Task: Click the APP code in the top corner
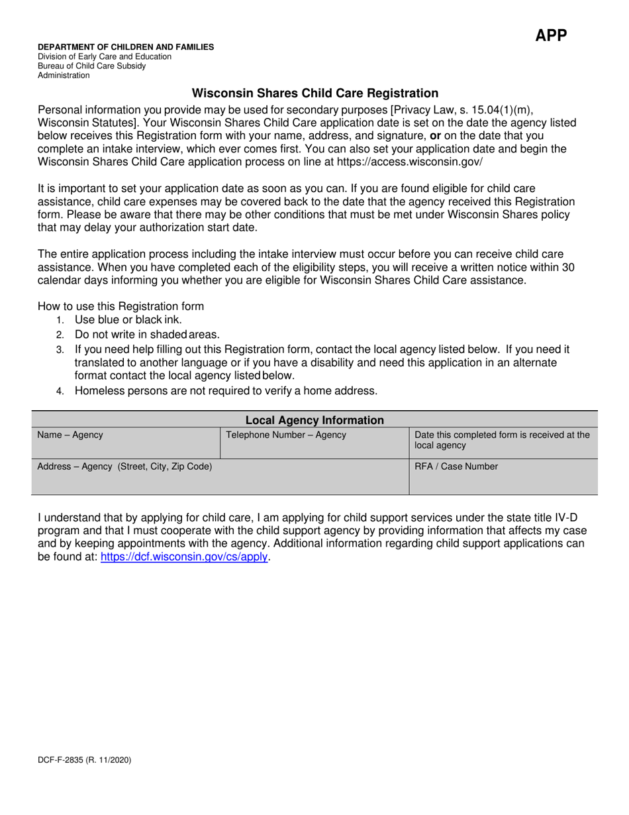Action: (551, 35)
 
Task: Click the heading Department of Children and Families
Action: (126, 47)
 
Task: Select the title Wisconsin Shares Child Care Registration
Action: (314, 93)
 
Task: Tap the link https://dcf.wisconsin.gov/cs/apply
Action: (184, 557)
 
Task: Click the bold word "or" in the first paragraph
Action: (435, 136)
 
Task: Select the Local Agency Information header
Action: (314, 420)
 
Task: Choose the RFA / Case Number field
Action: (503, 477)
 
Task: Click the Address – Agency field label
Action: (124, 466)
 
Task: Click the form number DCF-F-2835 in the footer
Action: (84, 760)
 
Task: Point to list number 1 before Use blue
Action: (60, 320)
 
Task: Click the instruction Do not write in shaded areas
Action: (147, 335)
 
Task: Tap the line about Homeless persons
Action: (226, 391)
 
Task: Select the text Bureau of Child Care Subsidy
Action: (91, 66)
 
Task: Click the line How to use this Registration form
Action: (121, 306)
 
